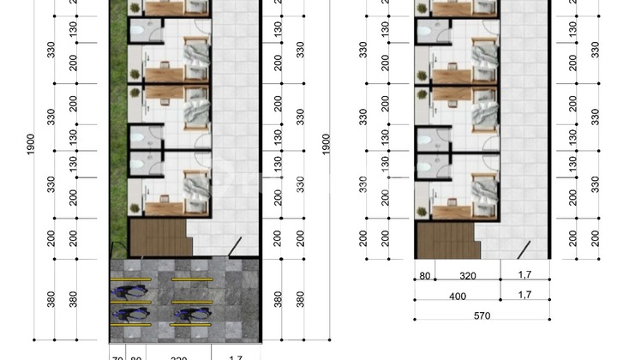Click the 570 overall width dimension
482,315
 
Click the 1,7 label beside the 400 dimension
521,296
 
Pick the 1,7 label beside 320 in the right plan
521,276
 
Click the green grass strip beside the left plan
118,129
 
